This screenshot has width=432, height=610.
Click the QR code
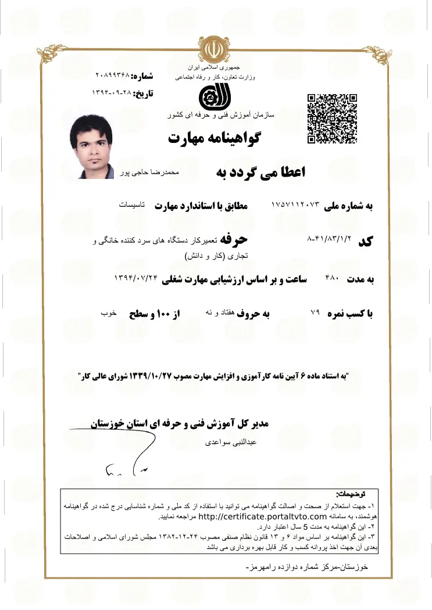[x=332, y=118]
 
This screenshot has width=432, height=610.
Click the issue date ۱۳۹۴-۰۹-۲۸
[x=111, y=92]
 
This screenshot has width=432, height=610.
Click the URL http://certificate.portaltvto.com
[x=254, y=516]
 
